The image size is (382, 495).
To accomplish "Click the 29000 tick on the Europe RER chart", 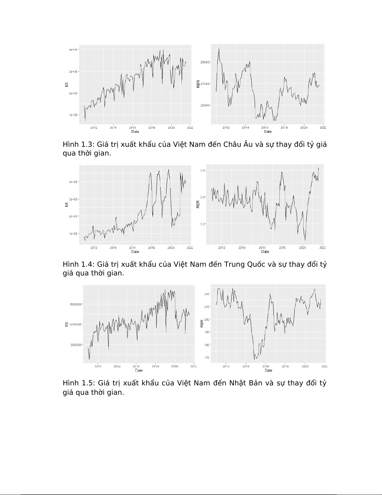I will (x=205, y=62).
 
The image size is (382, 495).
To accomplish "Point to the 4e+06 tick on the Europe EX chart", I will (x=73, y=50).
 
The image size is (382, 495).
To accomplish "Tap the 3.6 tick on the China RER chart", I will (x=203, y=171).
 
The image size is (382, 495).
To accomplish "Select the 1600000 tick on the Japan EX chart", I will (x=75, y=304).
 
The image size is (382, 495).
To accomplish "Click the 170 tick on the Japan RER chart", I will (x=207, y=358).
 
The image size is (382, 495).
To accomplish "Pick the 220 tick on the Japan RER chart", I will (x=207, y=294).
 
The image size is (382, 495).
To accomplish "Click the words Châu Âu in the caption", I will (x=238, y=144).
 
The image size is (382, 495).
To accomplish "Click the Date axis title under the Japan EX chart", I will (x=139, y=370).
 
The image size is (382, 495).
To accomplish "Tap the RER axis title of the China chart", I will (x=198, y=205).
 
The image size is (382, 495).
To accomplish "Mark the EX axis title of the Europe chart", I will (x=66, y=85).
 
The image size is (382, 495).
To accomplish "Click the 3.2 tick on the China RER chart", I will (x=203, y=224).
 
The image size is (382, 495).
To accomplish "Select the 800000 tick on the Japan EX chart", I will (x=76, y=345).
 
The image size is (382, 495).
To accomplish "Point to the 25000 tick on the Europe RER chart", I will (x=205, y=105).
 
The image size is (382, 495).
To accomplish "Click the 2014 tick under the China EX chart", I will (x=113, y=248).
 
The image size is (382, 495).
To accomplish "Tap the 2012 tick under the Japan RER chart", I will (x=226, y=366).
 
